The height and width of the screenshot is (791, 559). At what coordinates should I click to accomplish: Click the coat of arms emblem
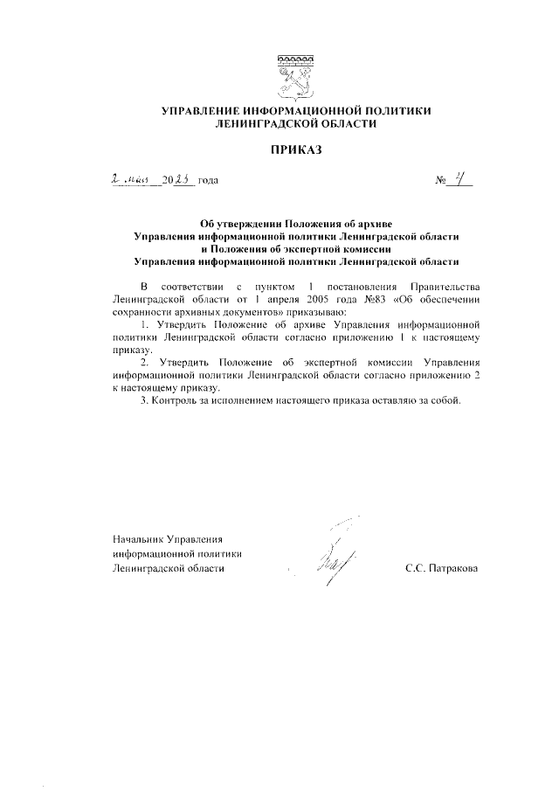point(295,75)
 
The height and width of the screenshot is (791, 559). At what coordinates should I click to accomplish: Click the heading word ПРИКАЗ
point(295,151)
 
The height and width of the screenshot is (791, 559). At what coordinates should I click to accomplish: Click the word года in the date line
point(208,181)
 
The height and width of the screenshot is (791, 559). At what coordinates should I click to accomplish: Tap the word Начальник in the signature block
point(138,538)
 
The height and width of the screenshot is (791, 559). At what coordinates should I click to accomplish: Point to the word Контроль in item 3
point(177,400)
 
